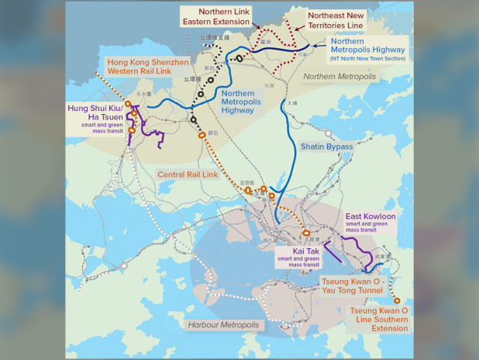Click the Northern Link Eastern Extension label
(x=223, y=16)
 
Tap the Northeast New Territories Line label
(x=335, y=20)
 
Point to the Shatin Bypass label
(x=326, y=147)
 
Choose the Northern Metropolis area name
(x=339, y=77)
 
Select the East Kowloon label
(x=370, y=216)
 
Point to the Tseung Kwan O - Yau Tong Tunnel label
(x=353, y=286)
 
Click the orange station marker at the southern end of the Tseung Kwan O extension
(x=397, y=300)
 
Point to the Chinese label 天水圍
(x=144, y=94)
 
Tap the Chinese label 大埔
(x=291, y=102)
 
